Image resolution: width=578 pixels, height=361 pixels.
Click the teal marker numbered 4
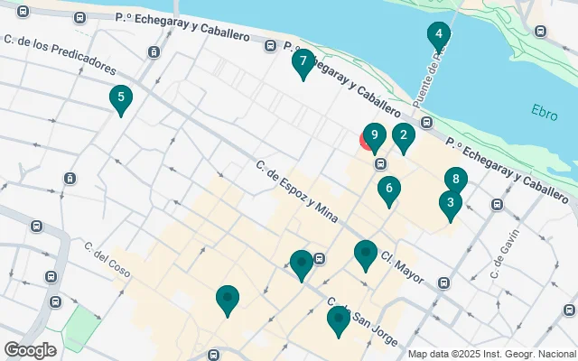point(438,36)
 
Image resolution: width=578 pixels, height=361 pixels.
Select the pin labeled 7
point(303,62)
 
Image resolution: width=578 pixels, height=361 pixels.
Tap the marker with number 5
point(119,97)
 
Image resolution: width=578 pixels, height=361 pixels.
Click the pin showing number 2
point(403,137)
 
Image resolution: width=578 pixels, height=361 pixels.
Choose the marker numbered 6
point(389,190)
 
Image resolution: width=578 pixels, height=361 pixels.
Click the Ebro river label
point(545,114)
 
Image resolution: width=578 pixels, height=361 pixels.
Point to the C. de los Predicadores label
point(60,54)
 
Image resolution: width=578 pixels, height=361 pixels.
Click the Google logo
point(30,350)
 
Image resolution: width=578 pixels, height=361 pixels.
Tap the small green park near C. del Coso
point(82,327)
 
